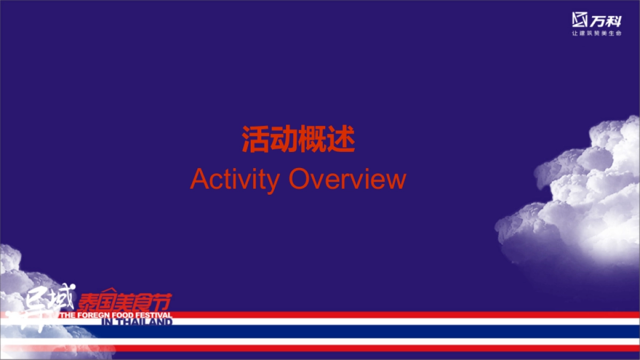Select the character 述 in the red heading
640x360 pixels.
point(341,140)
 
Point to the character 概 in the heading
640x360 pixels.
point(313,140)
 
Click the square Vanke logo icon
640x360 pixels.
point(580,19)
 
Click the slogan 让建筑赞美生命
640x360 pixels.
point(597,34)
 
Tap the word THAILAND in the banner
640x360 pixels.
point(143,322)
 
